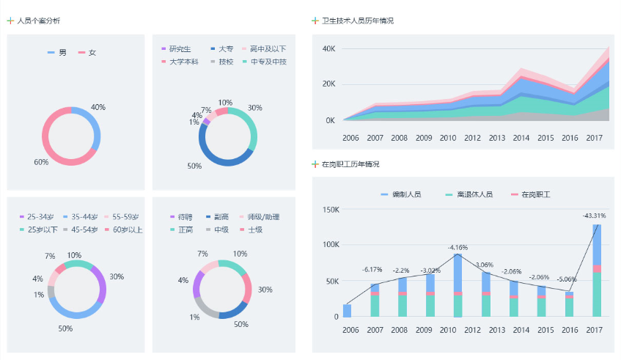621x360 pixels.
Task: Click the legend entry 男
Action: [62, 52]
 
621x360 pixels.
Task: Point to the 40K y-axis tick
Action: [328, 48]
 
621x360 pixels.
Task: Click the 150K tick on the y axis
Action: [331, 210]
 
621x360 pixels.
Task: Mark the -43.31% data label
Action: [594, 216]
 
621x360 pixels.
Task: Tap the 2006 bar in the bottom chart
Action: [347, 310]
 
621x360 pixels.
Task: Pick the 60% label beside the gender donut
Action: [41, 162]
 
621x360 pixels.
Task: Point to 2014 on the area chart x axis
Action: [521, 137]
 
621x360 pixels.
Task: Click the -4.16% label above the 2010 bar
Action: [458, 247]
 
